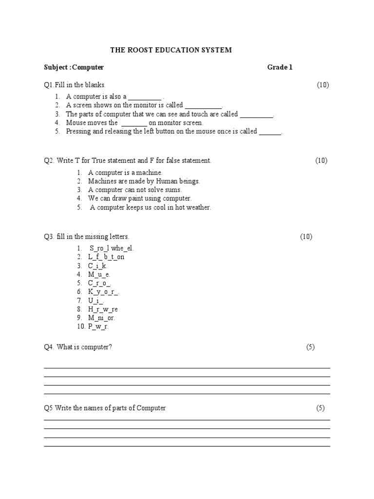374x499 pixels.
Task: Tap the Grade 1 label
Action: [x=280, y=67]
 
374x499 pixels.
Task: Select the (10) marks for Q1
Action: [x=323, y=85]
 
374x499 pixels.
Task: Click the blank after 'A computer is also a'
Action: [x=145, y=97]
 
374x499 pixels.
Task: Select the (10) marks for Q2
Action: [x=321, y=160]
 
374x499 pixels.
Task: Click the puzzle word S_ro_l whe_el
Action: [x=112, y=249]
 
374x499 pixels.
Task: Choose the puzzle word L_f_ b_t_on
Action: [x=106, y=257]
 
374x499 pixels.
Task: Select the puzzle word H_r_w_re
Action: [x=103, y=309]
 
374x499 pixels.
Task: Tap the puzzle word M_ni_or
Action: [x=102, y=318]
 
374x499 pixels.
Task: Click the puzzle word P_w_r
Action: [x=98, y=327]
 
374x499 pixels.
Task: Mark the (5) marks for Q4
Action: [x=311, y=347]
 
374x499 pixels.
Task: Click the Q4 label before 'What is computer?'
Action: [x=49, y=347]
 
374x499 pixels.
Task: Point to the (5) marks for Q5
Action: [x=320, y=408]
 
